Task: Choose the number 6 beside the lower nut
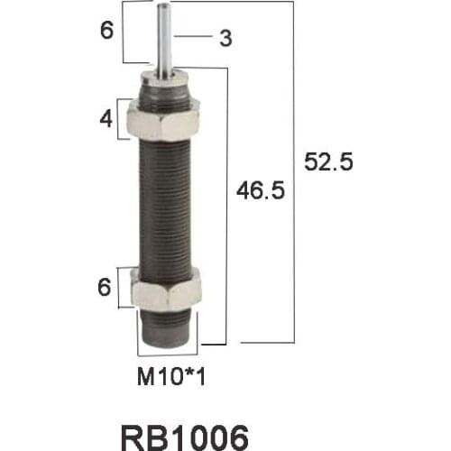pos(105,289)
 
